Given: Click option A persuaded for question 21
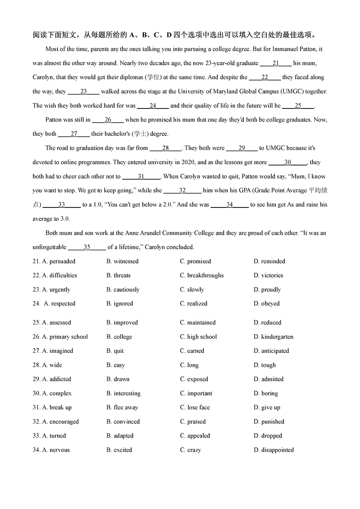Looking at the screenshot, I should tap(58, 261).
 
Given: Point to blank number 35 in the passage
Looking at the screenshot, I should tap(87, 247).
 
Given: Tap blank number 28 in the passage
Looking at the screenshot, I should tap(165, 148).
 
